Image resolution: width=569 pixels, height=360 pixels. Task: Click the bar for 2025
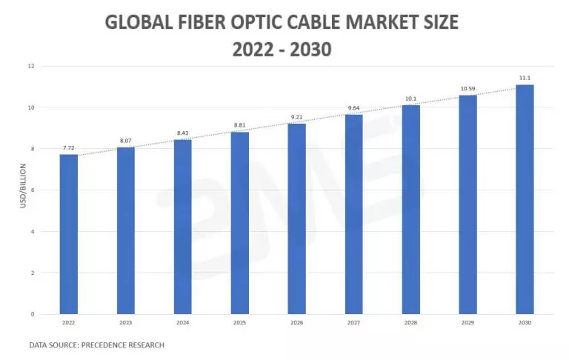tap(239, 223)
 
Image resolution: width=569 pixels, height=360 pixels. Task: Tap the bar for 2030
tap(525, 199)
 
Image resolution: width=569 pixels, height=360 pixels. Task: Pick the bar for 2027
tap(353, 214)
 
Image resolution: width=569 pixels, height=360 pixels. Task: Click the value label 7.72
tap(69, 148)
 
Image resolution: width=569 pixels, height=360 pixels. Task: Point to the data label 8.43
tap(182, 133)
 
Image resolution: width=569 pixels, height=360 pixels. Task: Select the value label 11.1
tap(525, 79)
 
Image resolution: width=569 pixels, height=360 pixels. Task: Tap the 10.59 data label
tap(467, 89)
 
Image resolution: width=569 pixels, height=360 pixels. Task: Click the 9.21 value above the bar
tap(296, 117)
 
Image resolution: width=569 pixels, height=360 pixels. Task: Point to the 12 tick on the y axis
tap(32, 66)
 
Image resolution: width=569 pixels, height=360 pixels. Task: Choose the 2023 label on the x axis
tap(125, 322)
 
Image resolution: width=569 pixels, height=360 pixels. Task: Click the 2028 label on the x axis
tap(410, 322)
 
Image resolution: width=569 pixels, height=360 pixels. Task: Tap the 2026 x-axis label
tap(296, 322)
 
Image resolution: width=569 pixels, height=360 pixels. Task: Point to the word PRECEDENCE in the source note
tap(112, 345)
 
